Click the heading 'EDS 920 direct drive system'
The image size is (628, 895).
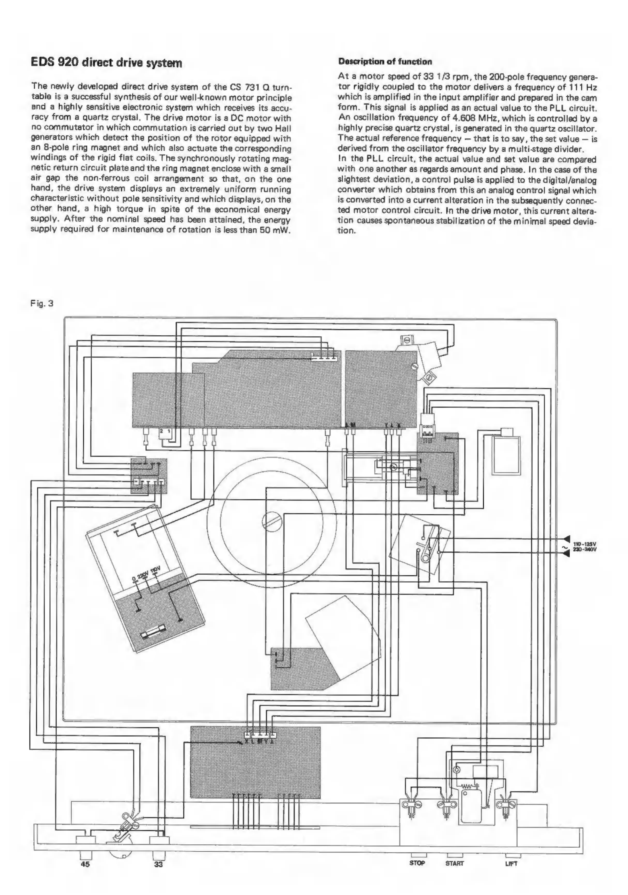[106, 63]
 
